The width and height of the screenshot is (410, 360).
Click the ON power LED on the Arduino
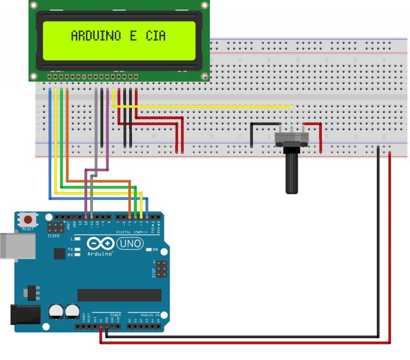[148, 250]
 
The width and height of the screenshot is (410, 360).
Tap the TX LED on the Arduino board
[78, 249]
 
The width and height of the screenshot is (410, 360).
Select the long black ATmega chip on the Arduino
[119, 295]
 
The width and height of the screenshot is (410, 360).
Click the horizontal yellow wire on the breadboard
[203, 106]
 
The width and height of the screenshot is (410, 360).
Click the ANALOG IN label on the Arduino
[148, 315]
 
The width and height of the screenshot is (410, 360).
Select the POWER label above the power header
[115, 315]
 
